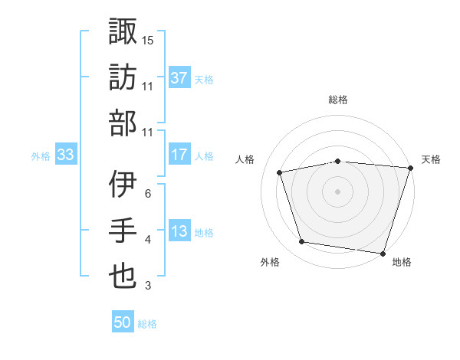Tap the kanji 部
123,123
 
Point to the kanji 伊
123,185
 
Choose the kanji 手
123,231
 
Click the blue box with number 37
179,77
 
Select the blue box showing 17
179,155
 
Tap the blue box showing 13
179,231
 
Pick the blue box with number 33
65,155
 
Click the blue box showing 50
123,322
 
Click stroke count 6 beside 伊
148,193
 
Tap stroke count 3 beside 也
148,286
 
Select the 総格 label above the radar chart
338,100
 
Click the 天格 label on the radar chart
431,159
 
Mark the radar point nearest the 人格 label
280,172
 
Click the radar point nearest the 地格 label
383,253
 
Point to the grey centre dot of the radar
338,191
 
